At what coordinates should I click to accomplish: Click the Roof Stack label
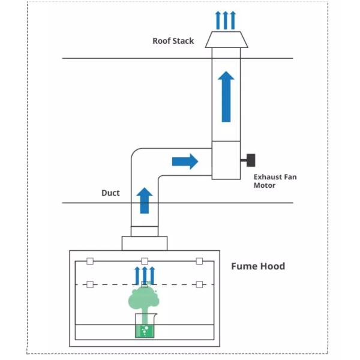click(x=173, y=41)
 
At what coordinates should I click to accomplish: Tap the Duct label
click(x=110, y=193)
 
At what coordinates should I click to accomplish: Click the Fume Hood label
click(x=258, y=266)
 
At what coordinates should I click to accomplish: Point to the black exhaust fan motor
click(x=249, y=161)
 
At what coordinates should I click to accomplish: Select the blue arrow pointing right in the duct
click(x=184, y=161)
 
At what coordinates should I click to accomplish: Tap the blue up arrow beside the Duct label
click(x=144, y=200)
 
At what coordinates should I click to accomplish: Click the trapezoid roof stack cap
click(x=226, y=40)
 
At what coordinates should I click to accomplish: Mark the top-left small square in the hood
click(x=90, y=261)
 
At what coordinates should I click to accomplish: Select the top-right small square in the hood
click(x=199, y=261)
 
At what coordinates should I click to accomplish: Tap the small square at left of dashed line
click(x=90, y=284)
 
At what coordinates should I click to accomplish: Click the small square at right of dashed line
click(x=199, y=284)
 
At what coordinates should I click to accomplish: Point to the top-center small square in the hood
click(x=145, y=261)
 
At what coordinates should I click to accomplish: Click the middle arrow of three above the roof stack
click(x=226, y=20)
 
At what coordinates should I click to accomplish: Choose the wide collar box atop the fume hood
click(x=145, y=243)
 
